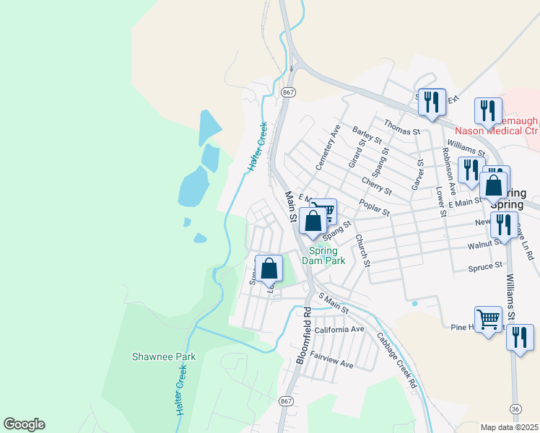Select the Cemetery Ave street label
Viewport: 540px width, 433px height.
pyautogui.click(x=326, y=147)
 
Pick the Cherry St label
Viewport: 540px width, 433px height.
pyautogui.click(x=376, y=187)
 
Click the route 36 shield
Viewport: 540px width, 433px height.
pyautogui.click(x=514, y=408)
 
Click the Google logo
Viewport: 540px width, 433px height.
pyautogui.click(x=24, y=424)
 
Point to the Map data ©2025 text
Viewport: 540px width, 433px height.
pyautogui.click(x=509, y=427)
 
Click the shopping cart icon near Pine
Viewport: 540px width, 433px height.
pyautogui.click(x=489, y=318)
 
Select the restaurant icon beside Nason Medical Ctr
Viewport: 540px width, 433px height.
pyautogui.click(x=488, y=110)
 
